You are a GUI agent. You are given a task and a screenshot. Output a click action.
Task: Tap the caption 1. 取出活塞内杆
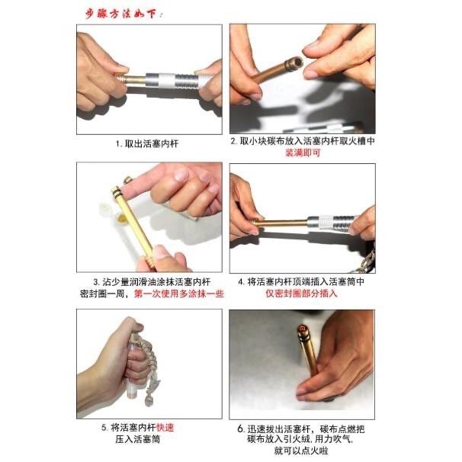(x=149, y=143)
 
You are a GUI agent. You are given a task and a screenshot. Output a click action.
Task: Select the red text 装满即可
(x=302, y=152)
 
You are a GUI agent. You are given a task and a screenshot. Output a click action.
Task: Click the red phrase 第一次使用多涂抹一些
(x=178, y=294)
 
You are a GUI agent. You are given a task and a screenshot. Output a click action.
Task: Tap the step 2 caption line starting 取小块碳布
(x=302, y=142)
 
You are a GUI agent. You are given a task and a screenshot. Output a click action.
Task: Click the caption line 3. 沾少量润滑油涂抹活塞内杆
(x=149, y=281)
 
